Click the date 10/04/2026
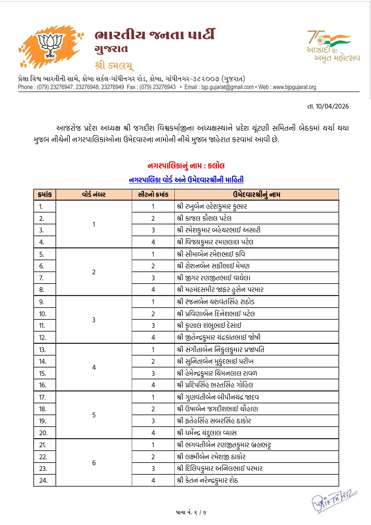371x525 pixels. pyautogui.click(x=332, y=106)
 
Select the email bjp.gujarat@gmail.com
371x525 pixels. pyautogui.click(x=227, y=87)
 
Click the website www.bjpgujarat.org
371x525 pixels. pyautogui.click(x=294, y=87)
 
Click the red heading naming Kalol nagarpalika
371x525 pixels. pyautogui.click(x=186, y=166)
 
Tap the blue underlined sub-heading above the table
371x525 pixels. pyautogui.click(x=186, y=180)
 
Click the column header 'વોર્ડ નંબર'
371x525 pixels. pyautogui.click(x=94, y=194)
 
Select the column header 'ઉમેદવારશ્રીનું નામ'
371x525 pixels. pyautogui.click(x=256, y=194)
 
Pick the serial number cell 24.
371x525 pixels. pyautogui.click(x=43, y=480)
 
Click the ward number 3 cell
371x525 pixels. pyautogui.click(x=94, y=320)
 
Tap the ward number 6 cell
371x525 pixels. pyautogui.click(x=94, y=463)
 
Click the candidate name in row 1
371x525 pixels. pyautogui.click(x=212, y=206)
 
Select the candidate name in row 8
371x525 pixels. pyautogui.click(x=220, y=290)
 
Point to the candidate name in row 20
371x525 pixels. pyautogui.click(x=206, y=433)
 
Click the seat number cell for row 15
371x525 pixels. pyautogui.click(x=153, y=373)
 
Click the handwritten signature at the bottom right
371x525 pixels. pyautogui.click(x=334, y=500)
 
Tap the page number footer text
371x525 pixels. pyautogui.click(x=191, y=512)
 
